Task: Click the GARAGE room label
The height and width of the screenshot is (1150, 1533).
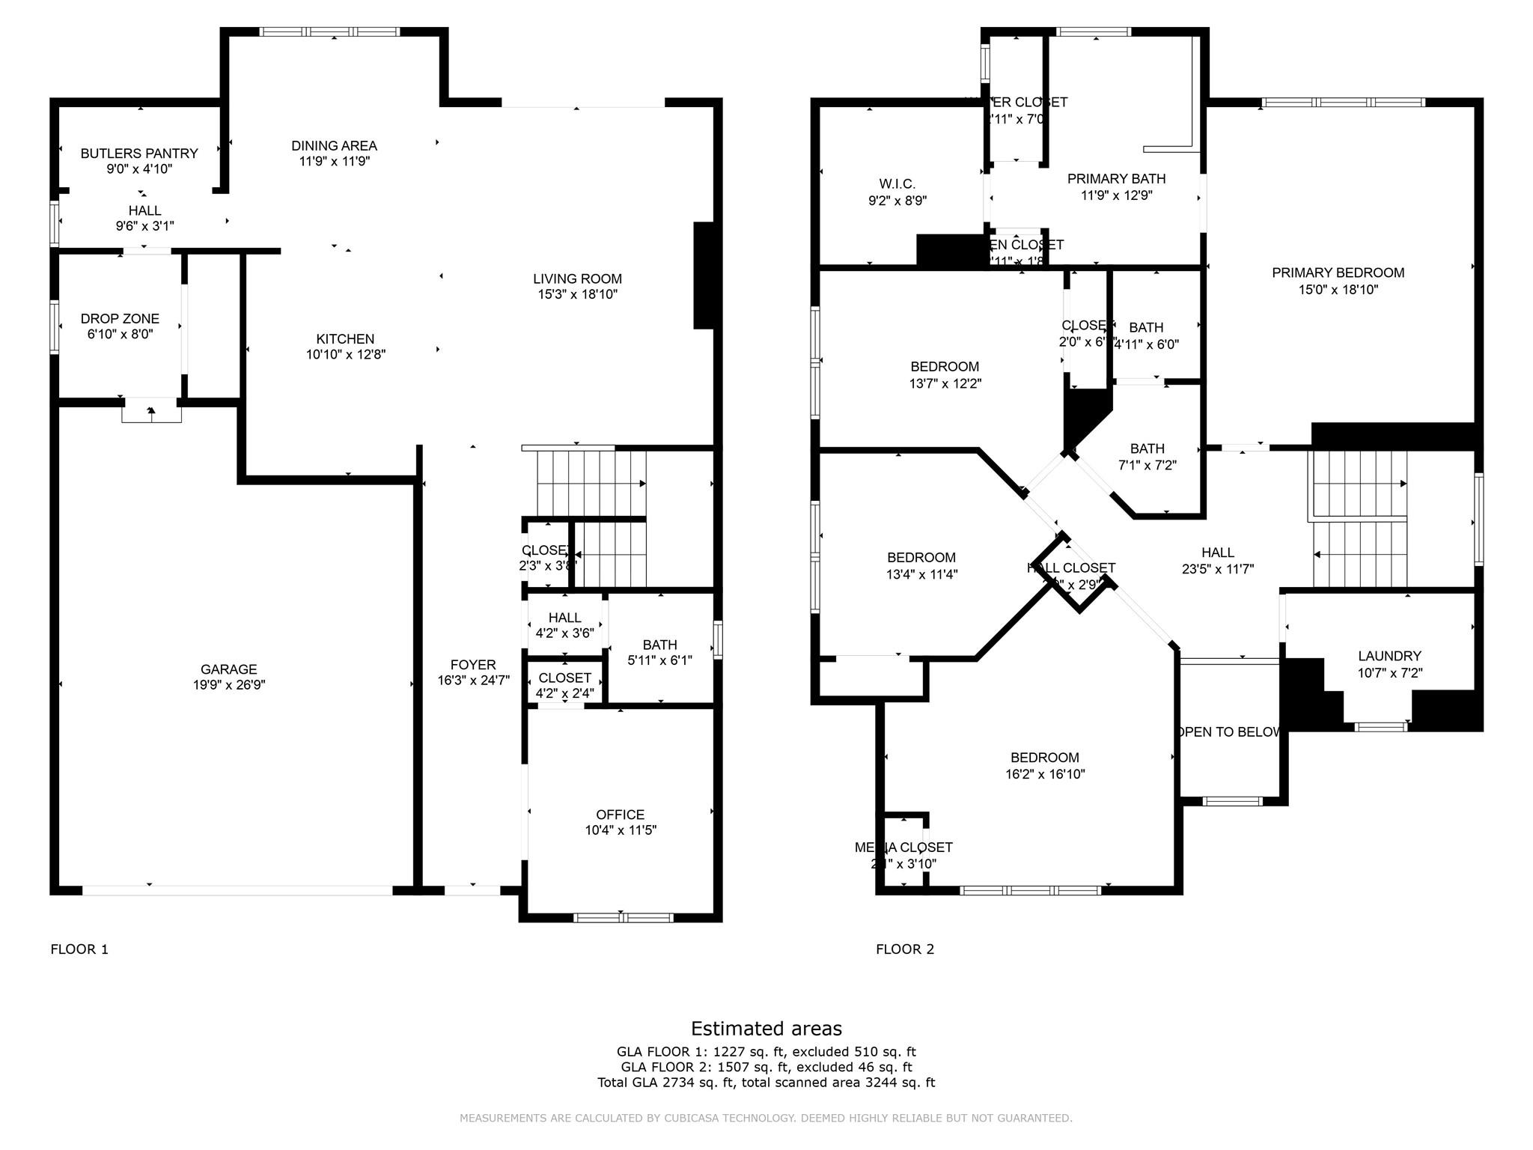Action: point(228,669)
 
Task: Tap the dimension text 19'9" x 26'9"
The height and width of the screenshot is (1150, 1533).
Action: point(228,685)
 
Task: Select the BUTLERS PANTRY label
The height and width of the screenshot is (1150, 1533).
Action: point(139,153)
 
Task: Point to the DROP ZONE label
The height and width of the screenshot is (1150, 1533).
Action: point(120,319)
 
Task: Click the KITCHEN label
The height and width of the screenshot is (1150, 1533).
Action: point(345,339)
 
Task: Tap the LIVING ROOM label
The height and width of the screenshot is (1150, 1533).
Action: point(577,279)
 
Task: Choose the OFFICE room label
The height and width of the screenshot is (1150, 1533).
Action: point(620,815)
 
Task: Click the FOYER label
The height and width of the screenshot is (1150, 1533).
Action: point(473,665)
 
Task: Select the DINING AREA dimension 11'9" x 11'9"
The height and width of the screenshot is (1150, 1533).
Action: point(334,161)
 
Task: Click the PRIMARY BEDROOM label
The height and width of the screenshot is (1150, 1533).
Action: point(1338,273)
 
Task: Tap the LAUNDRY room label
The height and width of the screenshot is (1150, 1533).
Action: point(1389,656)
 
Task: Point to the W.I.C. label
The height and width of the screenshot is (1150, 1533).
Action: point(897,184)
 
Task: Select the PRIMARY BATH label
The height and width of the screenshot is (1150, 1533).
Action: point(1116,179)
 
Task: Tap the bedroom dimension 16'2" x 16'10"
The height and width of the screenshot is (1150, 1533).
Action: point(1045,774)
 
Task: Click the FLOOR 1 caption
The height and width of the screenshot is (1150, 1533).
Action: point(79,949)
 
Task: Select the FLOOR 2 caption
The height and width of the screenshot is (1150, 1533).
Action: point(905,949)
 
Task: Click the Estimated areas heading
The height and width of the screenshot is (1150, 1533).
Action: point(766,1028)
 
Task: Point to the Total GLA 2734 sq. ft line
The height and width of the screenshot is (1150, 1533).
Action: point(766,1083)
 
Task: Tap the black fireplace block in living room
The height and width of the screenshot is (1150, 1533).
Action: point(704,276)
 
